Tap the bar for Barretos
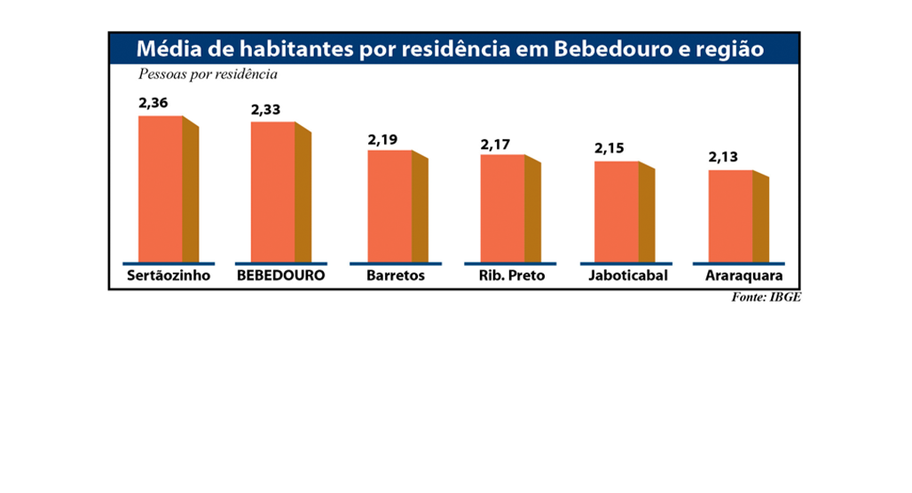point(390,206)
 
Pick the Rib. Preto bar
point(503,208)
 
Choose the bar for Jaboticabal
point(617,211)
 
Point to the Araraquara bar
point(730,215)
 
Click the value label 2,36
point(153,103)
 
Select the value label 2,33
point(265,110)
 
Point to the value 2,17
point(496,144)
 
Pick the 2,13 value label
point(723,158)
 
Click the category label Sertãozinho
point(169,276)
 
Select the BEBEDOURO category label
point(280,276)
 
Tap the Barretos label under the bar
point(396,276)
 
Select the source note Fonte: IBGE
point(766,298)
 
